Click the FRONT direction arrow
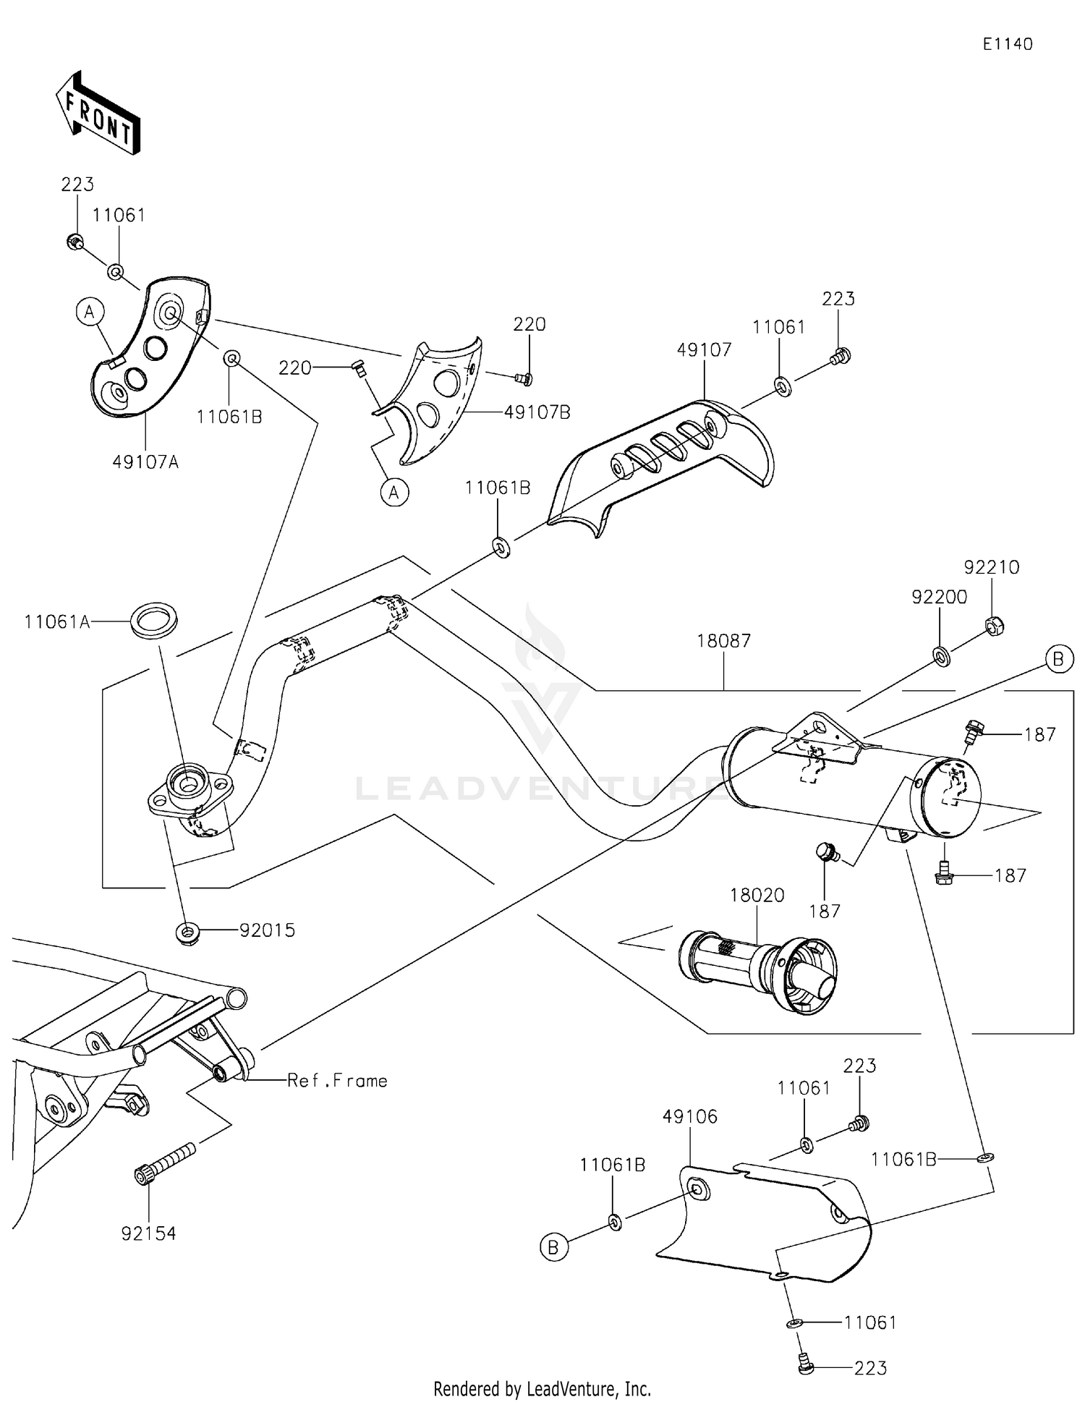(x=98, y=114)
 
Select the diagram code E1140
(x=1007, y=44)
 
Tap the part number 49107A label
(x=145, y=462)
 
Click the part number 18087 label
(x=723, y=640)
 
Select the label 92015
(x=268, y=930)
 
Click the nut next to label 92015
(x=188, y=932)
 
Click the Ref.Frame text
(x=337, y=1080)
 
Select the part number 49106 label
(x=690, y=1116)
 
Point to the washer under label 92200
(x=942, y=656)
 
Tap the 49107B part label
(x=537, y=412)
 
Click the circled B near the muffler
(x=1058, y=659)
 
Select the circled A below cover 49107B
(x=394, y=493)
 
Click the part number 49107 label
(x=704, y=349)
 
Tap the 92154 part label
(x=148, y=1233)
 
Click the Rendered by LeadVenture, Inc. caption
(x=542, y=1388)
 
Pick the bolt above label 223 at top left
(x=73, y=242)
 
